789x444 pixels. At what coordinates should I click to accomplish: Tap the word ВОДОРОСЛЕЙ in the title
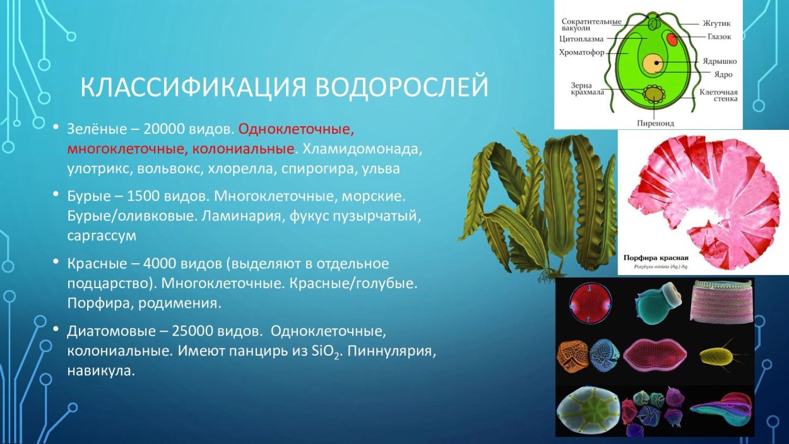[402, 88]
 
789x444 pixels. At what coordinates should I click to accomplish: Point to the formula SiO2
[326, 352]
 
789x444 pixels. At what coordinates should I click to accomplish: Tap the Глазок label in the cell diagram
[719, 37]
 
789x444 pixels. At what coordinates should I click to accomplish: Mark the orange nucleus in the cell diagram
[654, 63]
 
